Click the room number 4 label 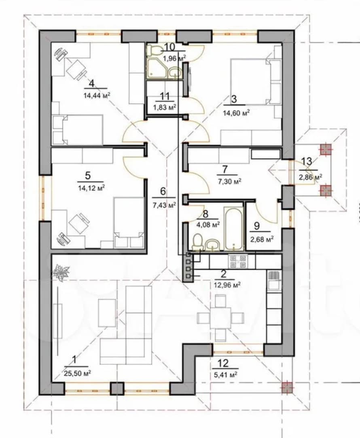click(x=91, y=84)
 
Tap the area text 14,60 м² click(x=236, y=113)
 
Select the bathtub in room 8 click(x=233, y=229)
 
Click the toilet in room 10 click(x=153, y=50)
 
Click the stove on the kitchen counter click(x=237, y=261)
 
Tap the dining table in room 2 click(x=220, y=317)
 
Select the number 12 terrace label click(x=223, y=364)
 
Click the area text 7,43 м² click(x=164, y=205)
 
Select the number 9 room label click(x=256, y=226)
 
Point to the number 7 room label click(x=225, y=169)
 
